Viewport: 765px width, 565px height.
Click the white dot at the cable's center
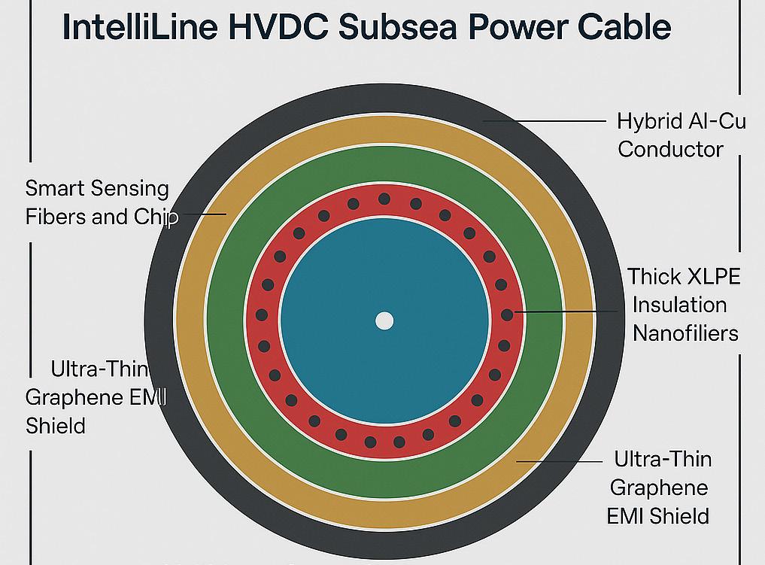tap(384, 321)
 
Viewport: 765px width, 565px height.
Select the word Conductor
tap(670, 148)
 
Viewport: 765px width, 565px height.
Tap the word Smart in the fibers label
tap(52, 188)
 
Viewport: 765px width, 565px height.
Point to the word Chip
tap(156, 217)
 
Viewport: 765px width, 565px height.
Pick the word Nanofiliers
tap(685, 333)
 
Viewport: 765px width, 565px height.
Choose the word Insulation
tap(679, 305)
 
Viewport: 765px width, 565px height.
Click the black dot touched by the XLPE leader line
tap(507, 314)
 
